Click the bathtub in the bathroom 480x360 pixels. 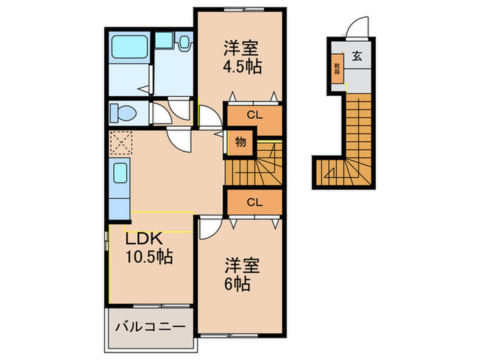(129, 47)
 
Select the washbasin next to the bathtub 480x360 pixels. (184, 43)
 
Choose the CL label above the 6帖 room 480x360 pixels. (254, 202)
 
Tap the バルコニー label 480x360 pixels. (147, 326)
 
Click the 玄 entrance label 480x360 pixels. (358, 58)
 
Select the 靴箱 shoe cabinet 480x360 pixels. (337, 69)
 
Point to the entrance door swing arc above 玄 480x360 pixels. (358, 27)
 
